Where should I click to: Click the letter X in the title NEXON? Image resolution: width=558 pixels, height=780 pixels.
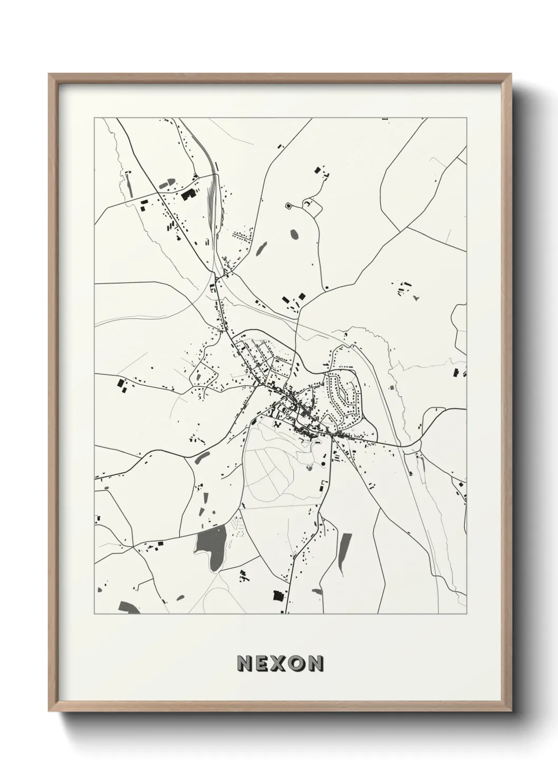(280, 664)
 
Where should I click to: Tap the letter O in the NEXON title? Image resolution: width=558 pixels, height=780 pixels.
(298, 664)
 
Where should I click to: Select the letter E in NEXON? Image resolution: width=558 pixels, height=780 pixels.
(263, 664)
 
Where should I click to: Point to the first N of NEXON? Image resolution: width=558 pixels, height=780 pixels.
(245, 664)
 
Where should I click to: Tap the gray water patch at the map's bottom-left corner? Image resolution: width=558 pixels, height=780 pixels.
(129, 608)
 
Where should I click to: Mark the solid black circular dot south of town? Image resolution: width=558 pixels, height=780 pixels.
(323, 463)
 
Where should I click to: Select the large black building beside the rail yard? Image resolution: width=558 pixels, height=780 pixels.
(187, 193)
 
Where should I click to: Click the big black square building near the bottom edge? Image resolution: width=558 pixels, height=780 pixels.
(277, 595)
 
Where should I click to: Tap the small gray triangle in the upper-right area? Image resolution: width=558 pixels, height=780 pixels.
(417, 298)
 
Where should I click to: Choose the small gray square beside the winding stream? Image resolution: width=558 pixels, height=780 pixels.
(392, 387)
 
